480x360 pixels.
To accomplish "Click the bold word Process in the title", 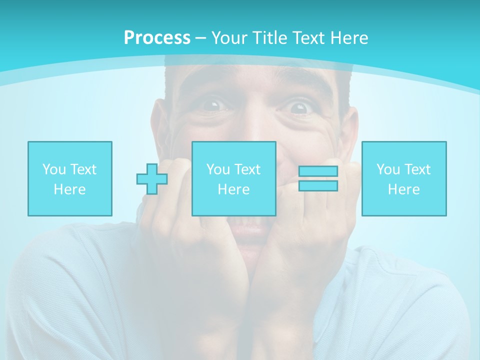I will point(157,38).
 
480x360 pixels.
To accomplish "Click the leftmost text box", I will point(70,178).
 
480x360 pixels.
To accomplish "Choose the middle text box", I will point(234,178).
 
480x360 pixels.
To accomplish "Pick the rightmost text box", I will point(404,178).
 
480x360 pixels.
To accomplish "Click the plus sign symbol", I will point(152,178).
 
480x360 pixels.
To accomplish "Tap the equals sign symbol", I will point(318,178).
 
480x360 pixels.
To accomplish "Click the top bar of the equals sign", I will point(318,171).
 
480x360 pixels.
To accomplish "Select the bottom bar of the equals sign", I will point(318,185).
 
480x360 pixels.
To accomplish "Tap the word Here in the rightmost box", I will point(404,189).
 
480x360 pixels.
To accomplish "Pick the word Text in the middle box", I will point(247,169).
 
